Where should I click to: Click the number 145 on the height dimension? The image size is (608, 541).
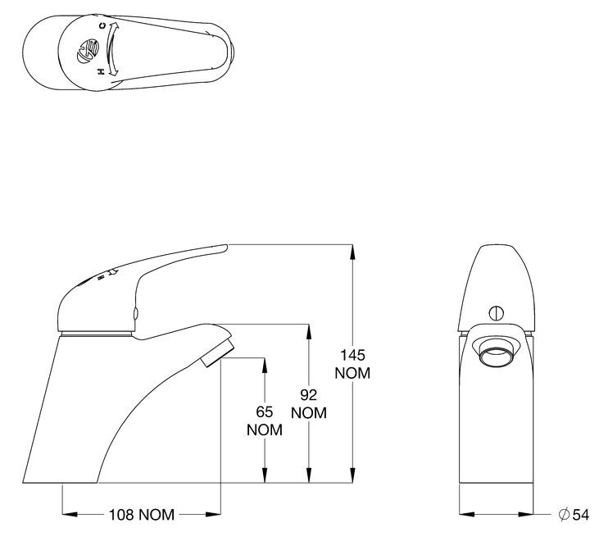(352, 355)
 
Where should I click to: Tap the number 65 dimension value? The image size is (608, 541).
(264, 412)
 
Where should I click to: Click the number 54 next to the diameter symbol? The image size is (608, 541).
(581, 515)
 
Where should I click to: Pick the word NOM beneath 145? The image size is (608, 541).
(352, 373)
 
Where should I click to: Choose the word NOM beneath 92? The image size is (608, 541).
(308, 413)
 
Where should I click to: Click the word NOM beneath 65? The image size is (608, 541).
(264, 430)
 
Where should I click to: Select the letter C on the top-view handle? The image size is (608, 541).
(102, 26)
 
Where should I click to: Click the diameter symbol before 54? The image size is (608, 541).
(564, 515)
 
